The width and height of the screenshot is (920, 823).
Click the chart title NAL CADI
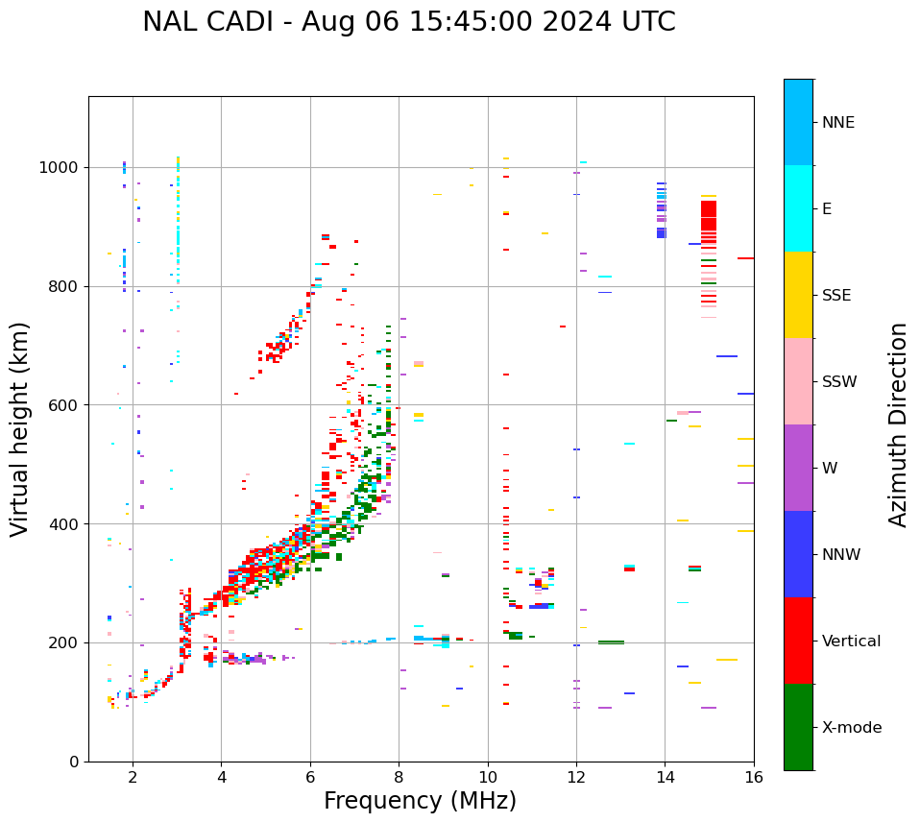[x=408, y=22]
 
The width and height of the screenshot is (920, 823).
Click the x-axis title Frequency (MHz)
[x=420, y=801]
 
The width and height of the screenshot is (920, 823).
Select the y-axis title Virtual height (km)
[x=20, y=428]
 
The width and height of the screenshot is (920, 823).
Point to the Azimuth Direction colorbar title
[x=898, y=424]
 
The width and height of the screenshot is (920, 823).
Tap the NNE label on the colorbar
[x=837, y=123]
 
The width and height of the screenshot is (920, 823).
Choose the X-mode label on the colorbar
[x=851, y=728]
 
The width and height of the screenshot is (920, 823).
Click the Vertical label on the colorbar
[x=851, y=641]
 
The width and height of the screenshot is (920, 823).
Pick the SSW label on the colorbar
[x=838, y=382]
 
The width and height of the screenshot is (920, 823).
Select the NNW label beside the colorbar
[x=840, y=555]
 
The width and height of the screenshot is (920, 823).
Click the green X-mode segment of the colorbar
[x=798, y=727]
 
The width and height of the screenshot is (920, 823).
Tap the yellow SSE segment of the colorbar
[x=798, y=295]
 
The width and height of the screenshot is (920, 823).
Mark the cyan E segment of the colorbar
[x=798, y=208]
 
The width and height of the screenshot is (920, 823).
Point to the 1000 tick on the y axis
[x=61, y=168]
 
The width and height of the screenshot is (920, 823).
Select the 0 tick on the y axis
[x=75, y=762]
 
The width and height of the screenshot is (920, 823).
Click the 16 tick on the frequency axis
[x=754, y=776]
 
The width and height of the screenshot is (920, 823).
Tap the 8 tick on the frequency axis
[x=399, y=776]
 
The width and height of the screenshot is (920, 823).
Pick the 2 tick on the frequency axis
[x=133, y=776]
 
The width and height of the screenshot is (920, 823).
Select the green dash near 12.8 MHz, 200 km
[x=611, y=642]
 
